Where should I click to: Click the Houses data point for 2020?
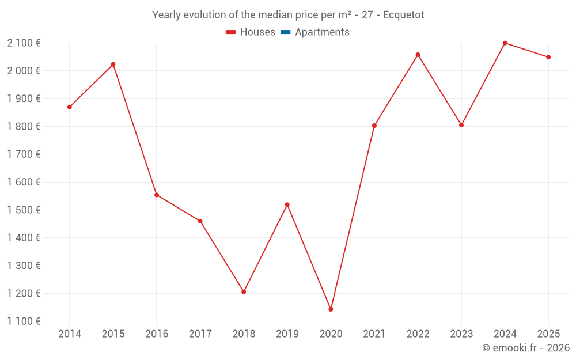click(331, 309)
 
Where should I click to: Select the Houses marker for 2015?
click(113, 65)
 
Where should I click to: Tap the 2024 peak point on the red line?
click(505, 43)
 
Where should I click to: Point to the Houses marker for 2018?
click(244, 291)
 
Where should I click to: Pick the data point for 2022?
click(418, 55)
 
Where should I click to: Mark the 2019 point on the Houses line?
click(287, 204)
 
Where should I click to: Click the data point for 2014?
click(70, 107)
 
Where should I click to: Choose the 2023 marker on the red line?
click(461, 125)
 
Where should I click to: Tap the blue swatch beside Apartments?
click(285, 32)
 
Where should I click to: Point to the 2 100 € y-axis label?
click(24, 43)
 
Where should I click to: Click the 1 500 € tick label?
click(24, 210)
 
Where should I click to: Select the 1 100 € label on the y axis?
click(24, 321)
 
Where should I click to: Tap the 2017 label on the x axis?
click(200, 334)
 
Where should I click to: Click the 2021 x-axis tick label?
click(374, 334)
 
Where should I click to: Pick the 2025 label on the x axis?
click(548, 334)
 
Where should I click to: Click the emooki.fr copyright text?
click(525, 348)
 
